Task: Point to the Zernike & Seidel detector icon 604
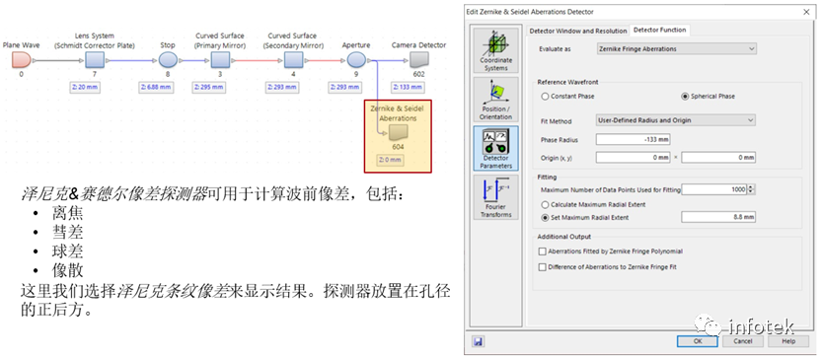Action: point(397,132)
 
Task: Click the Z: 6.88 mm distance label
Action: point(167,87)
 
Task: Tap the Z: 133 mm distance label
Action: point(418,87)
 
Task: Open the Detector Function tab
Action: point(660,31)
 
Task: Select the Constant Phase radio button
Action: point(545,97)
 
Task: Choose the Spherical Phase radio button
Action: point(685,97)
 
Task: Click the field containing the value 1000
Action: point(716,189)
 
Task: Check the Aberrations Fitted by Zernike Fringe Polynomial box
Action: point(542,252)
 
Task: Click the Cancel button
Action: point(743,341)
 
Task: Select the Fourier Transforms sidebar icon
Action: point(495,196)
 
